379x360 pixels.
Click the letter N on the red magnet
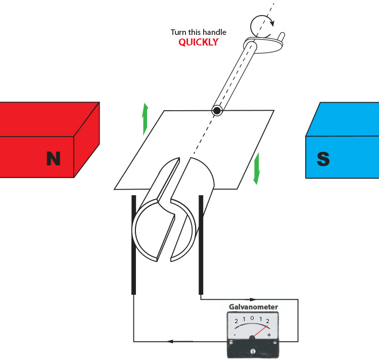click(x=53, y=158)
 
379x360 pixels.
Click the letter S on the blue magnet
click(x=323, y=159)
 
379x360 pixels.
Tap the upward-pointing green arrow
click(x=145, y=118)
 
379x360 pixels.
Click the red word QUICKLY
click(x=199, y=42)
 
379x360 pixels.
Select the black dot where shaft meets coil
click(x=217, y=111)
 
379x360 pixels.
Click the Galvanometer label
click(x=253, y=307)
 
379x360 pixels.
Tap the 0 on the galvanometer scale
click(x=252, y=318)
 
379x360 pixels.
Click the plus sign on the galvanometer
click(x=269, y=335)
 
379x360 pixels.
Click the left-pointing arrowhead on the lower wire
click(x=169, y=342)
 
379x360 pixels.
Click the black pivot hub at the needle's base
click(x=252, y=337)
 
